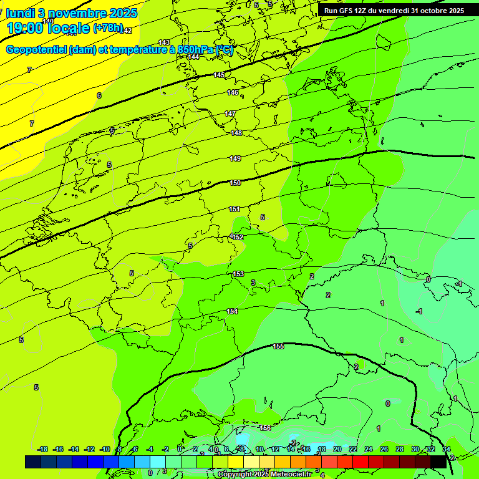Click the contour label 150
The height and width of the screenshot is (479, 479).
pos(235,183)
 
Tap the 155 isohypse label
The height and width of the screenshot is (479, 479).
pos(278,346)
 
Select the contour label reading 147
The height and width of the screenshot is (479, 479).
pos(230,114)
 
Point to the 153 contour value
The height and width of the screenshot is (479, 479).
pos(238,274)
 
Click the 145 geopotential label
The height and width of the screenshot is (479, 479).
pos(219,75)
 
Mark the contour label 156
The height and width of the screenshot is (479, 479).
pos(265,428)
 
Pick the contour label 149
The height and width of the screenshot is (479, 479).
pos(235,158)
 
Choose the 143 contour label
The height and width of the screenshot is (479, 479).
pos(164,42)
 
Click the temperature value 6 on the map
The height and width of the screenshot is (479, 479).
pos(99,95)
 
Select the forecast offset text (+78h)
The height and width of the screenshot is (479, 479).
pos(107,28)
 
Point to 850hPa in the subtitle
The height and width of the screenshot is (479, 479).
pos(195,50)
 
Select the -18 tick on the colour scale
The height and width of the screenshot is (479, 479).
pos(43,449)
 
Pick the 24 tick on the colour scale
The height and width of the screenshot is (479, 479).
pos(369,449)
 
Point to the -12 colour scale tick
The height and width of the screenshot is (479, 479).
pos(90,449)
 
